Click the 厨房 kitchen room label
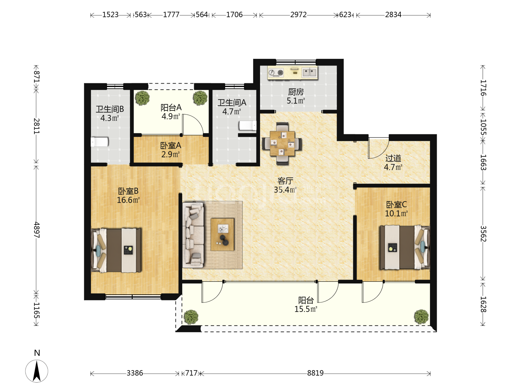pos(296,92)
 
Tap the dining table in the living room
pos(282,143)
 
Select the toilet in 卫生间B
pos(100,142)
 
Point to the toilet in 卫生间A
pos(247,125)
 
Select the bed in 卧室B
pos(116,250)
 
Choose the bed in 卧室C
pos(405,247)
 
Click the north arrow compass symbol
pos(37,371)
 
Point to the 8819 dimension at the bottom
pos(315,373)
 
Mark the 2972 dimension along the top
pos(298,15)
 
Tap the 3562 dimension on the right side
pos(483,234)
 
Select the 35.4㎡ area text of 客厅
pos(285,190)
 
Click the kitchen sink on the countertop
pos(310,72)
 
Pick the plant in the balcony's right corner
pos(421,317)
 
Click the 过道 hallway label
pos(393,158)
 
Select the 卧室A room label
pos(171,146)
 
